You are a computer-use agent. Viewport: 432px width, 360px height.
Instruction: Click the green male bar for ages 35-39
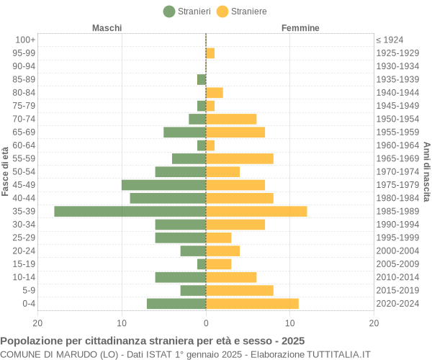(130, 211)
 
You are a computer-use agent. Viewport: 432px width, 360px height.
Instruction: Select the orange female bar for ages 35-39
(256, 211)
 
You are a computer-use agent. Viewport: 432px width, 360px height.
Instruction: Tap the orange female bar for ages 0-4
(252, 304)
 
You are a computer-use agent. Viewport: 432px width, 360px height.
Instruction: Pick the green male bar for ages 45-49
(163, 185)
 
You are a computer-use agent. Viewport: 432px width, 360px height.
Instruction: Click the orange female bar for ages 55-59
(240, 158)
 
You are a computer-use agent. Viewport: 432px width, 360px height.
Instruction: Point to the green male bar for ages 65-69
(184, 132)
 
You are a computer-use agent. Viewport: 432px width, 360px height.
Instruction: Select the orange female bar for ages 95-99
(210, 53)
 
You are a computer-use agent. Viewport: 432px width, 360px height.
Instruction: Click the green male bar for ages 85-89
(202, 79)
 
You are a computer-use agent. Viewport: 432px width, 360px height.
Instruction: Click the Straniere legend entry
(242, 11)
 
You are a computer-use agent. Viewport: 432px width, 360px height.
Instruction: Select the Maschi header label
(107, 28)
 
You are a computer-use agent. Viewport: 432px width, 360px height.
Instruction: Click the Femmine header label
(300, 28)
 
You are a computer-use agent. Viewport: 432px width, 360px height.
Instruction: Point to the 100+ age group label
(25, 40)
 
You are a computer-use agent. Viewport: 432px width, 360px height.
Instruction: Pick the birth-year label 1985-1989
(397, 211)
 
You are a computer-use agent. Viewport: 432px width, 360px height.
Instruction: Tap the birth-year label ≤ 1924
(390, 40)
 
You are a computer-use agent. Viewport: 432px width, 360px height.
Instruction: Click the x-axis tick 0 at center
(206, 323)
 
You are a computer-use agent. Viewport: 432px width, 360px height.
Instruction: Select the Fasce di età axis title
(6, 171)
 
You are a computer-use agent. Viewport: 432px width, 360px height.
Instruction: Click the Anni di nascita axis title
(426, 171)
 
